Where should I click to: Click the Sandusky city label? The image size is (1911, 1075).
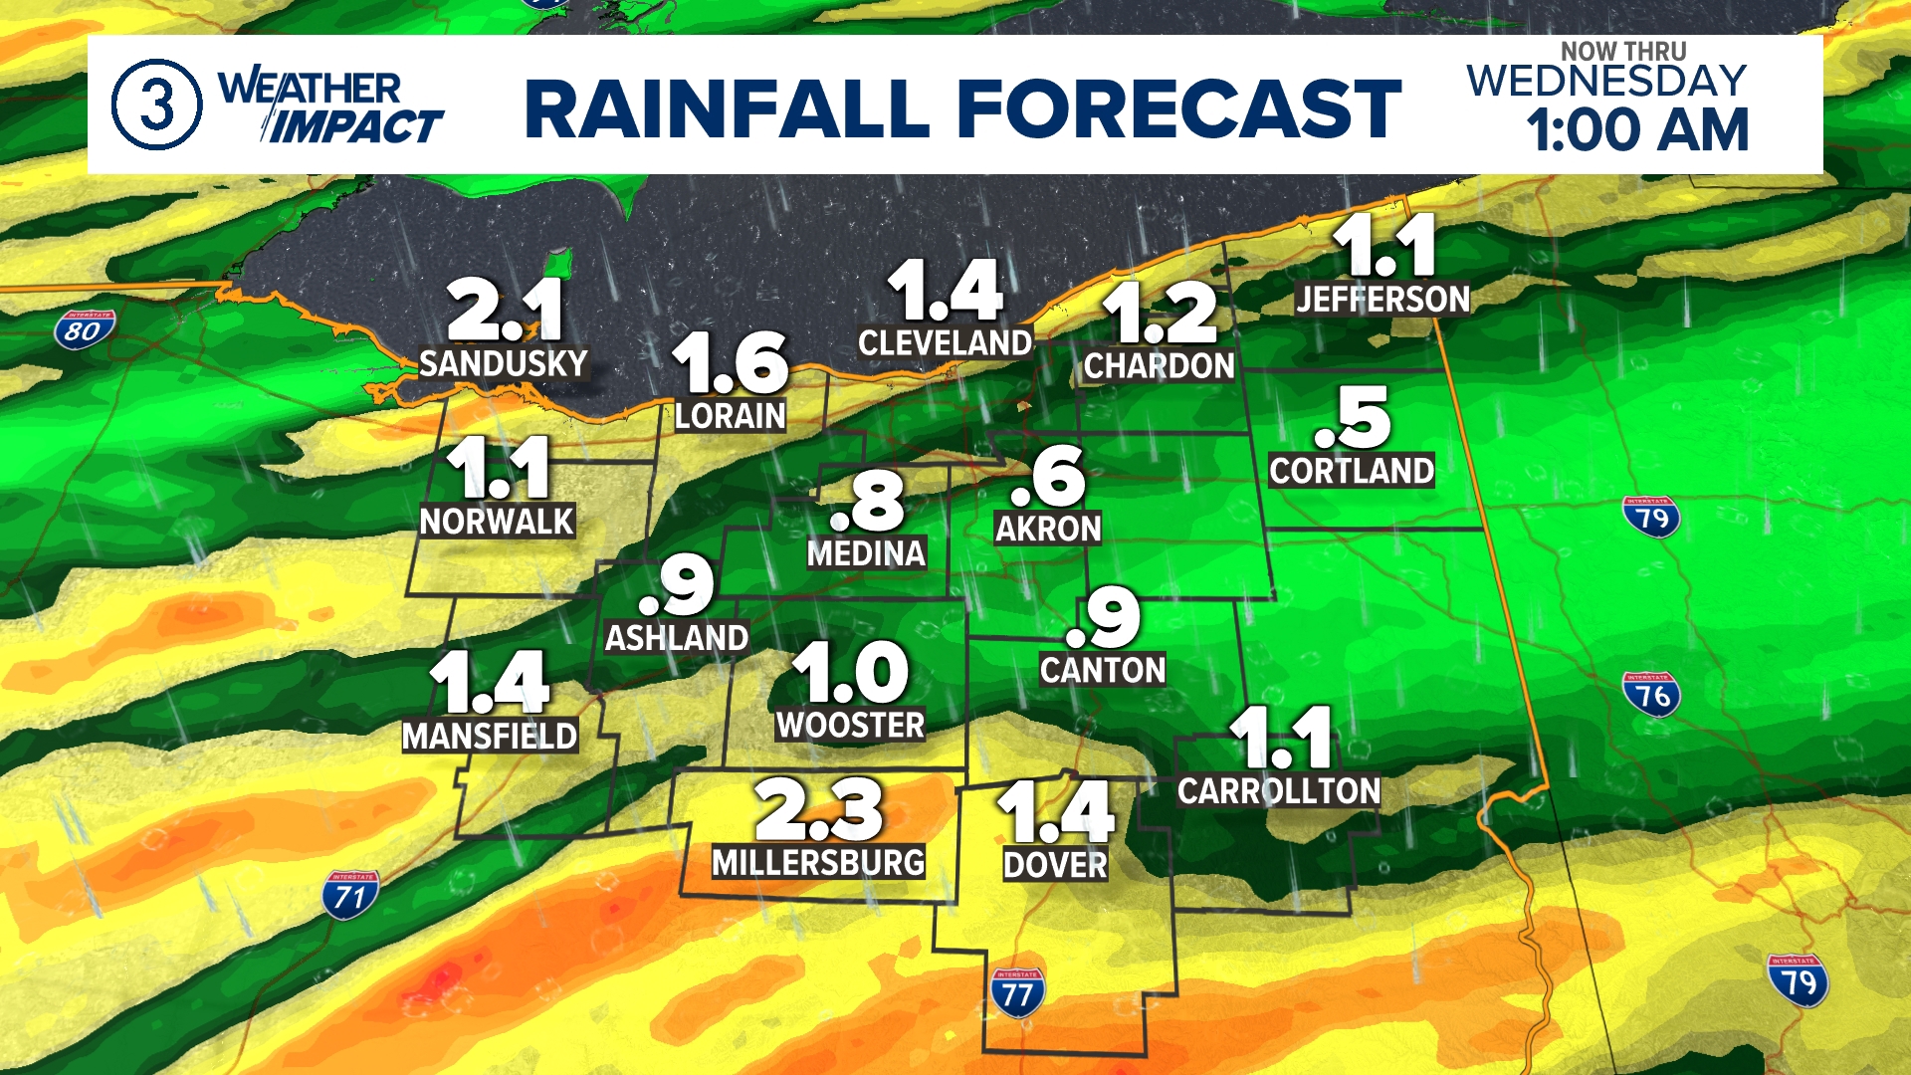click(503, 363)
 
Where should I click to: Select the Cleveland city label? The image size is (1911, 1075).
click(945, 343)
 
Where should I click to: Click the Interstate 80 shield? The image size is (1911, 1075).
click(84, 330)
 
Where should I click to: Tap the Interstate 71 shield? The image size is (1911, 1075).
click(349, 896)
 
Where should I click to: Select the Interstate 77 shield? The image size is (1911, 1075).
click(1017, 993)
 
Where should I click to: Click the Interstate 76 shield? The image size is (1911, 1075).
click(1652, 695)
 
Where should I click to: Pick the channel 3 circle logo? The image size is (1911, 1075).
click(156, 105)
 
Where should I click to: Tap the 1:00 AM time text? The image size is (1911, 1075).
click(1638, 130)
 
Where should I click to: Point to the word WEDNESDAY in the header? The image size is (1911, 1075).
click(1606, 81)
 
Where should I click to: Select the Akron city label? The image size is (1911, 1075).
click(1048, 529)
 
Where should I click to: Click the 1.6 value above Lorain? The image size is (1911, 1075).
click(731, 362)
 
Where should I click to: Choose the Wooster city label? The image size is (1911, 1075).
click(850, 725)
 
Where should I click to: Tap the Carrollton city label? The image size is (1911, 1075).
click(1279, 791)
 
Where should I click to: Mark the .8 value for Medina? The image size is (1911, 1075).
click(867, 502)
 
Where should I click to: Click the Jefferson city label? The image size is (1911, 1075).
click(1382, 299)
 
